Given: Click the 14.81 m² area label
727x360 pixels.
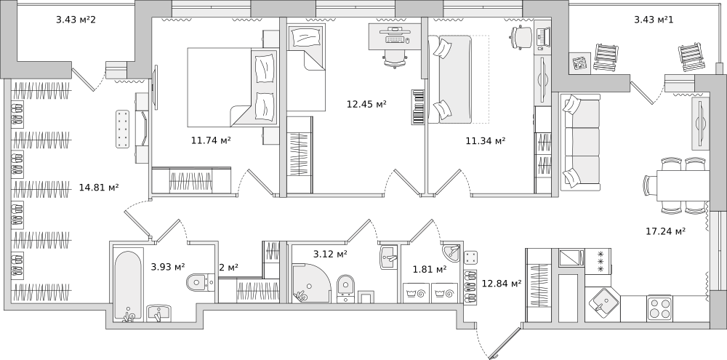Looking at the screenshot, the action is coord(99,188).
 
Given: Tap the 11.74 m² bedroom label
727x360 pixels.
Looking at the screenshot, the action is coord(211,140).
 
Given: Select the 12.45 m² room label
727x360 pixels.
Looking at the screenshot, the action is coord(366,104).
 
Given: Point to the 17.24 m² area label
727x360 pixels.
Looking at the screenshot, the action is coord(666,231).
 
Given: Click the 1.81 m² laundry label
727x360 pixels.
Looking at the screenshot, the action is coord(430,268).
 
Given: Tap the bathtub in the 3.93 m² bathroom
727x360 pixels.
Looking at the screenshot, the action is coord(128,286).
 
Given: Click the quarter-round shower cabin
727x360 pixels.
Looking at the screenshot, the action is coord(310,283).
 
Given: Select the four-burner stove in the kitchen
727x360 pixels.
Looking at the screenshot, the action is coord(659,308).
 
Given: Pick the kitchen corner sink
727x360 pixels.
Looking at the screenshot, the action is coord(602,304).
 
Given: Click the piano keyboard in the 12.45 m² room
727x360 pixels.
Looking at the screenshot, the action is coord(418,107).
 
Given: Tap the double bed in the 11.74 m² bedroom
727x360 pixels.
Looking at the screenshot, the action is coord(233,87).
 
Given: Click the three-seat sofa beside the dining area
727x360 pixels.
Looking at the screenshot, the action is coord(580,142).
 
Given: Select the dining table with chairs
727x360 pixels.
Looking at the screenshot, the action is coord(676,185).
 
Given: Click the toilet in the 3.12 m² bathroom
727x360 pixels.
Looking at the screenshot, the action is coord(345,287).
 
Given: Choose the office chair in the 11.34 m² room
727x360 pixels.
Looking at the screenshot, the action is coord(522,36).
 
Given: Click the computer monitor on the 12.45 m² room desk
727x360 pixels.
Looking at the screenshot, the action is coord(395,29).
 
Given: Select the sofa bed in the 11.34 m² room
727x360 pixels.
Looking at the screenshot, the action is coord(450,79).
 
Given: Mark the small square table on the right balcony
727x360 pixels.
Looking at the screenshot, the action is coord(580,63).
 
